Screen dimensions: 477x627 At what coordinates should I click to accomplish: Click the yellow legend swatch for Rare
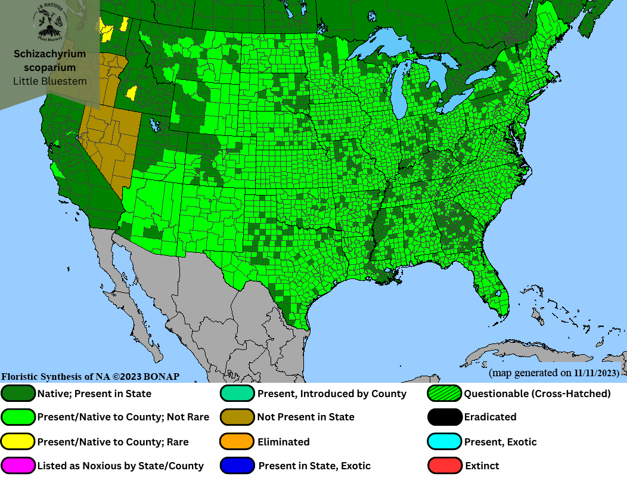pos(18,442)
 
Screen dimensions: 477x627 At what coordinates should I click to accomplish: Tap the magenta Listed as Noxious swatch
pos(18,466)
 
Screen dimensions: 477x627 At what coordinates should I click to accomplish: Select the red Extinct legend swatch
pos(445,466)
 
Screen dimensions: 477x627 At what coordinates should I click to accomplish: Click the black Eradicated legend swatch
pos(445,417)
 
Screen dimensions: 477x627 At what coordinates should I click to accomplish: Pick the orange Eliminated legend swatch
pos(237,442)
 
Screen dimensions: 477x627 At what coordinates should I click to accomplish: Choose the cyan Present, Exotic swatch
pos(445,442)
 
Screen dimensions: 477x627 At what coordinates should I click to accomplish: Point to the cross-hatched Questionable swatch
pos(445,394)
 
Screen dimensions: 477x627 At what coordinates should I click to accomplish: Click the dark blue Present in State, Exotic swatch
pos(237,466)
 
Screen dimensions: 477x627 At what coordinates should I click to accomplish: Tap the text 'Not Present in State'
pos(306,417)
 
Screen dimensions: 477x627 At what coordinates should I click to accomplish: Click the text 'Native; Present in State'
pos(94,394)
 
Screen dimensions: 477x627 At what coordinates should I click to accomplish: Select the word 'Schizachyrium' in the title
pos(50,54)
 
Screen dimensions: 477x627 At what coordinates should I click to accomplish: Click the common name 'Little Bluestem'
pos(50,81)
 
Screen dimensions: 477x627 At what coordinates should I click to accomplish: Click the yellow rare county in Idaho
pos(132,93)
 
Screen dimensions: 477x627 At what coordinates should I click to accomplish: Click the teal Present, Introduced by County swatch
pos(237,394)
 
